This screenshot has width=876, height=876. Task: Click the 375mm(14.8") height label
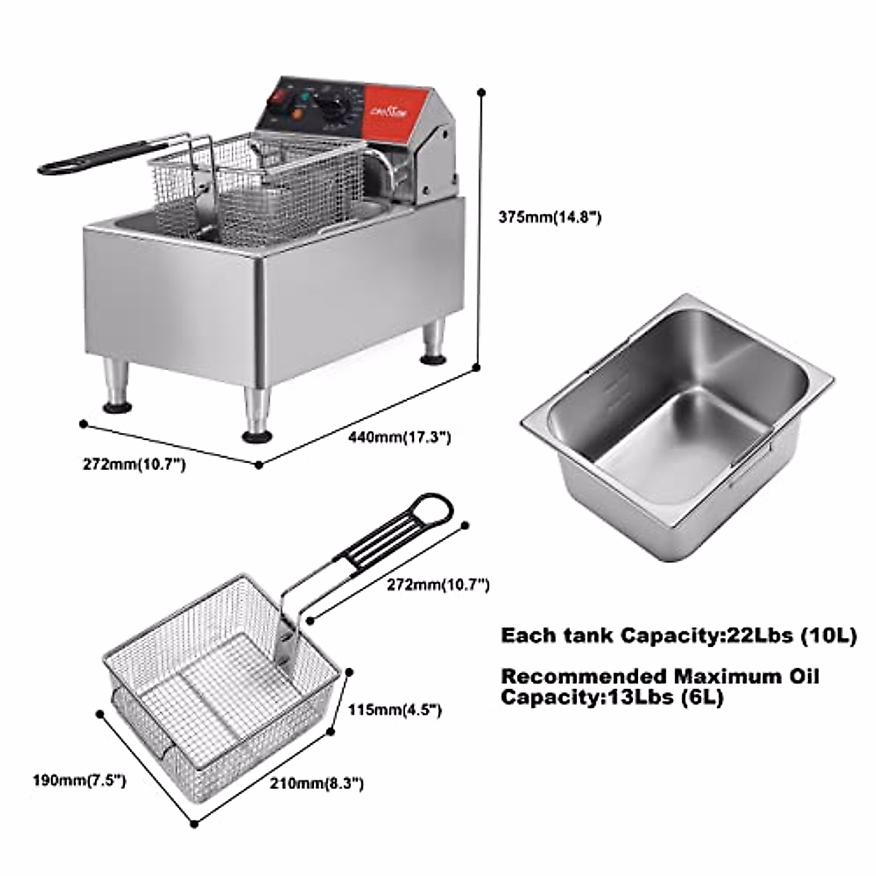[x=550, y=217]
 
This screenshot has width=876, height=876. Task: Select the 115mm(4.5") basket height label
[x=394, y=710]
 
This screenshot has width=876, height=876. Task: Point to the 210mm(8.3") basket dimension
[x=316, y=784]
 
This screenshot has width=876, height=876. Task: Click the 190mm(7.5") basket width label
[x=79, y=780]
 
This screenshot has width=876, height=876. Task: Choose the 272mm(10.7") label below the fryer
[x=134, y=464]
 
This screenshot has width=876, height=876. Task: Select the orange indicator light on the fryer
[x=297, y=113]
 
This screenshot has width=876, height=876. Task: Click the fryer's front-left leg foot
[x=256, y=437]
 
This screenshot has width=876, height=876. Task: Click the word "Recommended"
[x=583, y=676]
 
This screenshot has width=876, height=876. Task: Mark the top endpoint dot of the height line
[x=480, y=92]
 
